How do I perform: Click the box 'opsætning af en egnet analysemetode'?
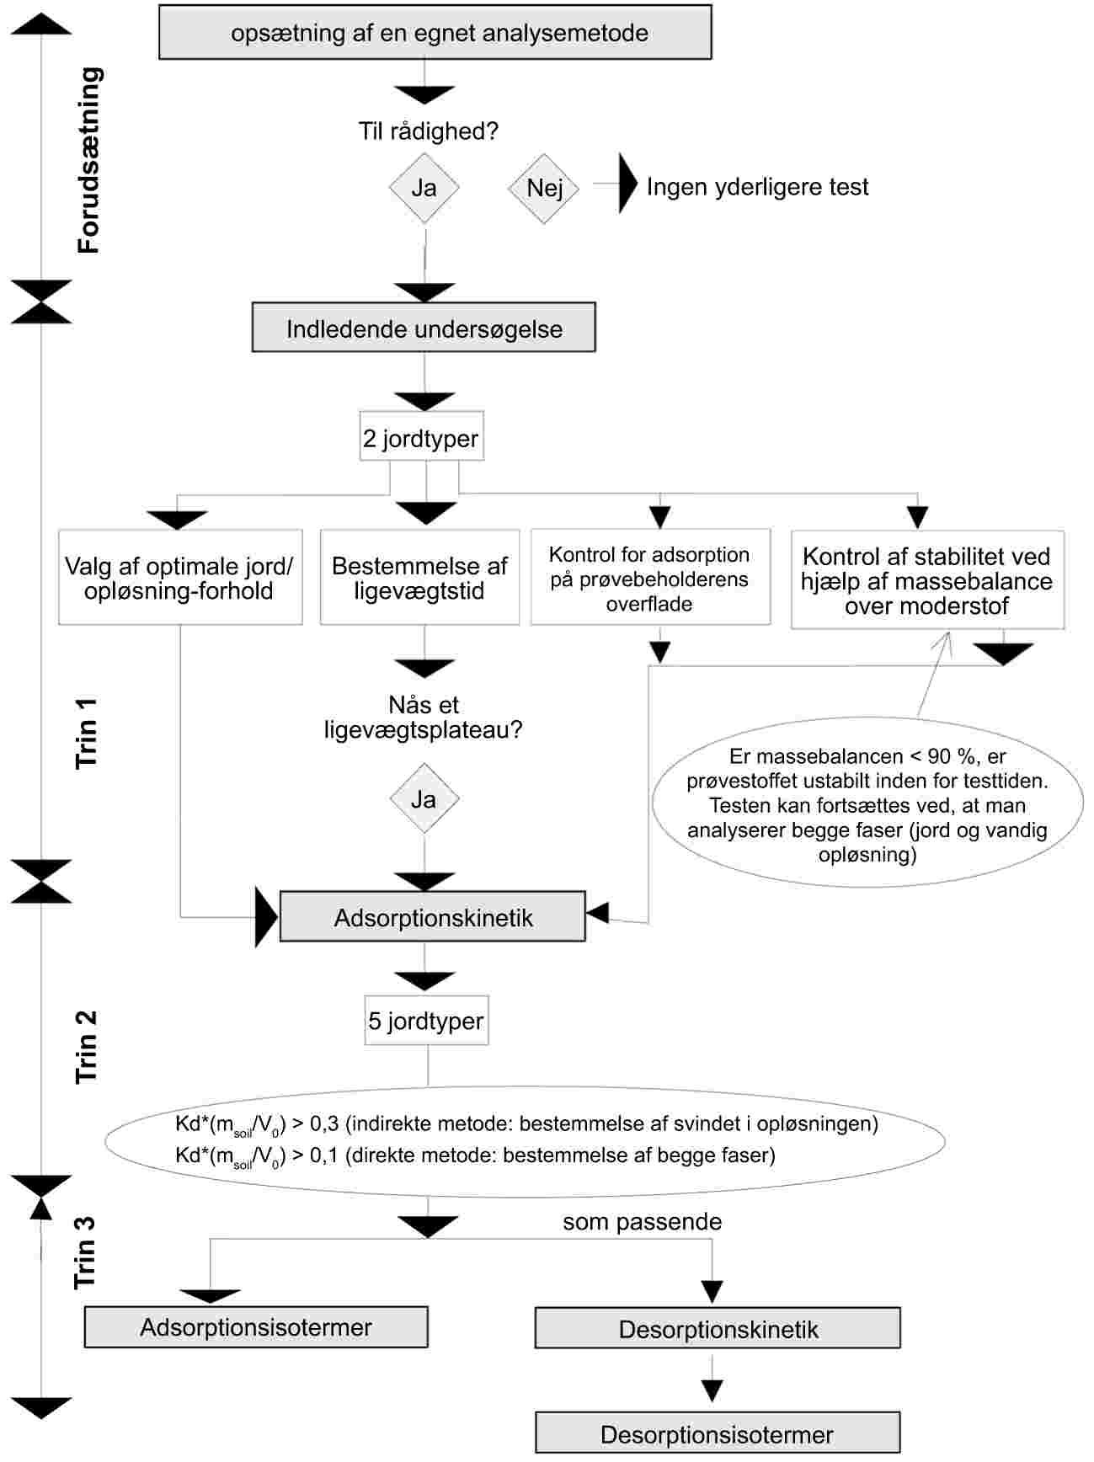click(x=435, y=32)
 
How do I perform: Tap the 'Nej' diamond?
click(x=544, y=189)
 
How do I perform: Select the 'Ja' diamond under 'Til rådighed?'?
click(x=424, y=188)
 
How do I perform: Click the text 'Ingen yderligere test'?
click(x=757, y=187)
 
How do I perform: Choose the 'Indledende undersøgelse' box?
click(x=424, y=328)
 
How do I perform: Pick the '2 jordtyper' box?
click(x=422, y=435)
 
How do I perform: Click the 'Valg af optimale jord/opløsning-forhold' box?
click(x=180, y=577)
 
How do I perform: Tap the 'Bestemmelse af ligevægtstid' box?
click(x=419, y=577)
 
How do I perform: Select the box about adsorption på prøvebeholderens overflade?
click(x=650, y=577)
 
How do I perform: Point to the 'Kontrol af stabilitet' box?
click(x=927, y=579)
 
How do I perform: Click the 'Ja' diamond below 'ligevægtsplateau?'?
click(x=424, y=798)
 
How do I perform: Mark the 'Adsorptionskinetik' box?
click(x=433, y=916)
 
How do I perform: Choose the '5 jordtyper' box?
click(x=427, y=1021)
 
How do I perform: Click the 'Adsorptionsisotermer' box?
click(x=256, y=1327)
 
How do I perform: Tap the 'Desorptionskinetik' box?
click(x=718, y=1328)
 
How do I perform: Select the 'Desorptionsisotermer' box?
click(x=718, y=1433)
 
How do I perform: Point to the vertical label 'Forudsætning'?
click(x=88, y=160)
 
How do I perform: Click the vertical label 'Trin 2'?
click(x=87, y=1047)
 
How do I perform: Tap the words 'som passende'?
click(x=643, y=1222)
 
